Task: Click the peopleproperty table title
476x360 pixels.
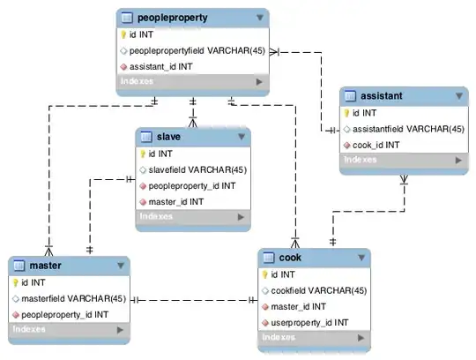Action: tap(178, 17)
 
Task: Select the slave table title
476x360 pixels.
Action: tap(169, 137)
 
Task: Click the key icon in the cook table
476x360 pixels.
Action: tap(264, 274)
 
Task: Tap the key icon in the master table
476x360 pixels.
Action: tap(15, 283)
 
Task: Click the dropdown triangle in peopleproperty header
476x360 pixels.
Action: tap(259, 17)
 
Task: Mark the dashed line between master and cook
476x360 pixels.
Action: tap(194, 300)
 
